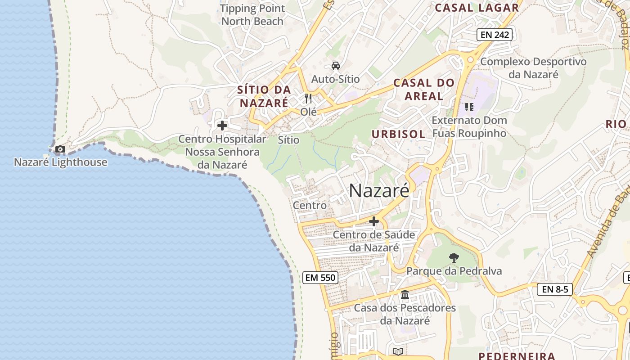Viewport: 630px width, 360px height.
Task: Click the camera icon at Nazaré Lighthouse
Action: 60,149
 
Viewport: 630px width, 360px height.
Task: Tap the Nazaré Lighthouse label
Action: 61,162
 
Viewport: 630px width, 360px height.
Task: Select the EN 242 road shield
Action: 495,35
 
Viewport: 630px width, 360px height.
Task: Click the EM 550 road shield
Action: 320,277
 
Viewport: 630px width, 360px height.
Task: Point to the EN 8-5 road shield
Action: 555,289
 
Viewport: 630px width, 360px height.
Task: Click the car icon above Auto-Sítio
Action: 336,66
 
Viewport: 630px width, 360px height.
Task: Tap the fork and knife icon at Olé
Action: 308,99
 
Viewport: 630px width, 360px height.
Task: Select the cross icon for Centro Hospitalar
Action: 222,126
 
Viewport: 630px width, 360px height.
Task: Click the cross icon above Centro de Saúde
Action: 374,221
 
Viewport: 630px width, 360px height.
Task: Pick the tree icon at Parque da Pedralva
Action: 454,258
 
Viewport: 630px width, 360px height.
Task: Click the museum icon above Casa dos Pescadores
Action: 405,295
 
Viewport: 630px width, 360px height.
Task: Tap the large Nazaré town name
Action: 379,191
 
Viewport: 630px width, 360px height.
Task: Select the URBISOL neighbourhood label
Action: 398,134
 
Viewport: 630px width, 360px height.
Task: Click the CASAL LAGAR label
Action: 477,8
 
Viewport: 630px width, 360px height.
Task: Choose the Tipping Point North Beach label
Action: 252,15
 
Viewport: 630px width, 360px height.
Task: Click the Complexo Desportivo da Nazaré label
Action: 534,68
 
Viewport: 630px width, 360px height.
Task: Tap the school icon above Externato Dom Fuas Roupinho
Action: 469,107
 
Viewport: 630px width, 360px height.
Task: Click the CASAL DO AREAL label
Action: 424,89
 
